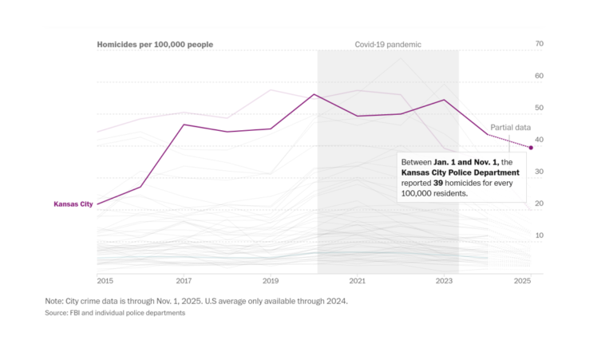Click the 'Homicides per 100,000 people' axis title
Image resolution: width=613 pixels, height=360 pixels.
point(155,45)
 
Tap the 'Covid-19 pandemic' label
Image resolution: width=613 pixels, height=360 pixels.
point(388,45)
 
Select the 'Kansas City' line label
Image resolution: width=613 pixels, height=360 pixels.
point(73,204)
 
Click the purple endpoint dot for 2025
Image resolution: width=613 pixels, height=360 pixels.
point(531,148)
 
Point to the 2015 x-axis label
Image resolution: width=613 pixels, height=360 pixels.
point(105,282)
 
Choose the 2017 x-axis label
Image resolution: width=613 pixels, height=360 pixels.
point(184,282)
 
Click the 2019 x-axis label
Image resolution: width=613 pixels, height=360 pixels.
point(271,282)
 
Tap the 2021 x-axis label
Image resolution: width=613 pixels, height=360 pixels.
point(358,282)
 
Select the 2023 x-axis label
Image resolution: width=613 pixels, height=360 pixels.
point(445,282)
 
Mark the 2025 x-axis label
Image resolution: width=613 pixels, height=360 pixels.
point(523,282)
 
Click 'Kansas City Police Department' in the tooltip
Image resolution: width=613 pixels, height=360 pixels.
point(461,172)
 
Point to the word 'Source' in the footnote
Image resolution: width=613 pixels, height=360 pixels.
point(57,313)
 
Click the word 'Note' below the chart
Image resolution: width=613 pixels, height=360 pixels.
point(55,301)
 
